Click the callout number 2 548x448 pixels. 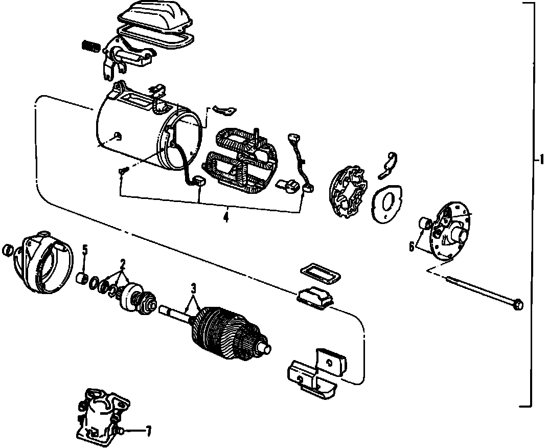[x=123, y=264]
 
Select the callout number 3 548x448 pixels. [x=193, y=287]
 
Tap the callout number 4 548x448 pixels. [x=225, y=217]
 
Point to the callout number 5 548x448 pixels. [x=85, y=250]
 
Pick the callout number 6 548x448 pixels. [x=412, y=247]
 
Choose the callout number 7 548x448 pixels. [x=148, y=431]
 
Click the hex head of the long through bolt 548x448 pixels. [x=516, y=305]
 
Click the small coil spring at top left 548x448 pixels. [x=90, y=46]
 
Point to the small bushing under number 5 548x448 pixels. [x=80, y=279]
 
